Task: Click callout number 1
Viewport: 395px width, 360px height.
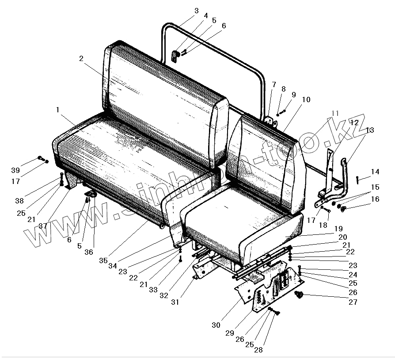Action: click(x=58, y=109)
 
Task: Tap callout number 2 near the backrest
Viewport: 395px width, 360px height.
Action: click(x=81, y=59)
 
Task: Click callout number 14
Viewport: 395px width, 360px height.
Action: click(x=375, y=172)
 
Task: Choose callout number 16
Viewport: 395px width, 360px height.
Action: click(x=375, y=199)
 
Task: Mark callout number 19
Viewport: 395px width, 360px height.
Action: click(x=338, y=229)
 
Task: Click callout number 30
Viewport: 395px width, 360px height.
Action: click(x=216, y=325)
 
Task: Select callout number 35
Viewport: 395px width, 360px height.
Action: click(x=103, y=260)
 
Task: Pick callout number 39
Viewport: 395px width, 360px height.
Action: click(x=16, y=171)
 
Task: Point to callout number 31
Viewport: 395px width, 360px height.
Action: click(x=175, y=302)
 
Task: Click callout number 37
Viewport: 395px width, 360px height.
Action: click(x=43, y=226)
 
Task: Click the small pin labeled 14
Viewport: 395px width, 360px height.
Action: click(x=357, y=179)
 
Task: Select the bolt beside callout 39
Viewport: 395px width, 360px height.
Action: click(x=40, y=158)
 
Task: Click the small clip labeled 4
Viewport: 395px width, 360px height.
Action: click(x=175, y=56)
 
